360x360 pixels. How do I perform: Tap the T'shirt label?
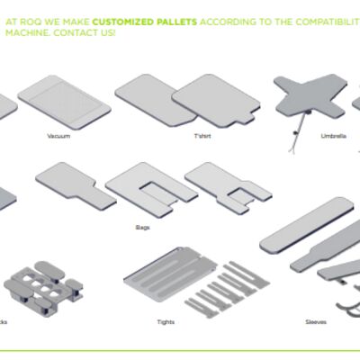pyautogui.click(x=202, y=136)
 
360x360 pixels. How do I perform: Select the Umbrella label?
pyautogui.click(x=332, y=136)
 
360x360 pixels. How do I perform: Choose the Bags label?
pyautogui.click(x=144, y=227)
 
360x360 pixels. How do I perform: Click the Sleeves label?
pyautogui.click(x=315, y=321)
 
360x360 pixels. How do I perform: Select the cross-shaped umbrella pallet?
pyautogui.click(x=306, y=97)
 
